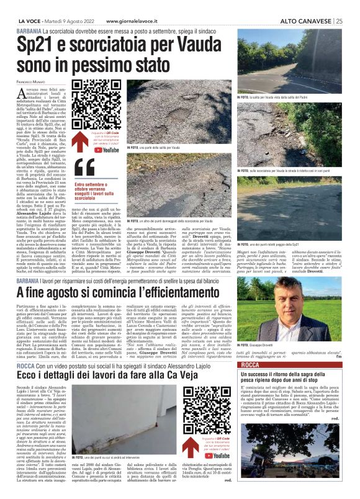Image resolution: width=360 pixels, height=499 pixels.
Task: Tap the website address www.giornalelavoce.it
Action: pos(135,20)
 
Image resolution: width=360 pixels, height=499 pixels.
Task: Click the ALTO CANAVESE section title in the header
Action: pos(307,20)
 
